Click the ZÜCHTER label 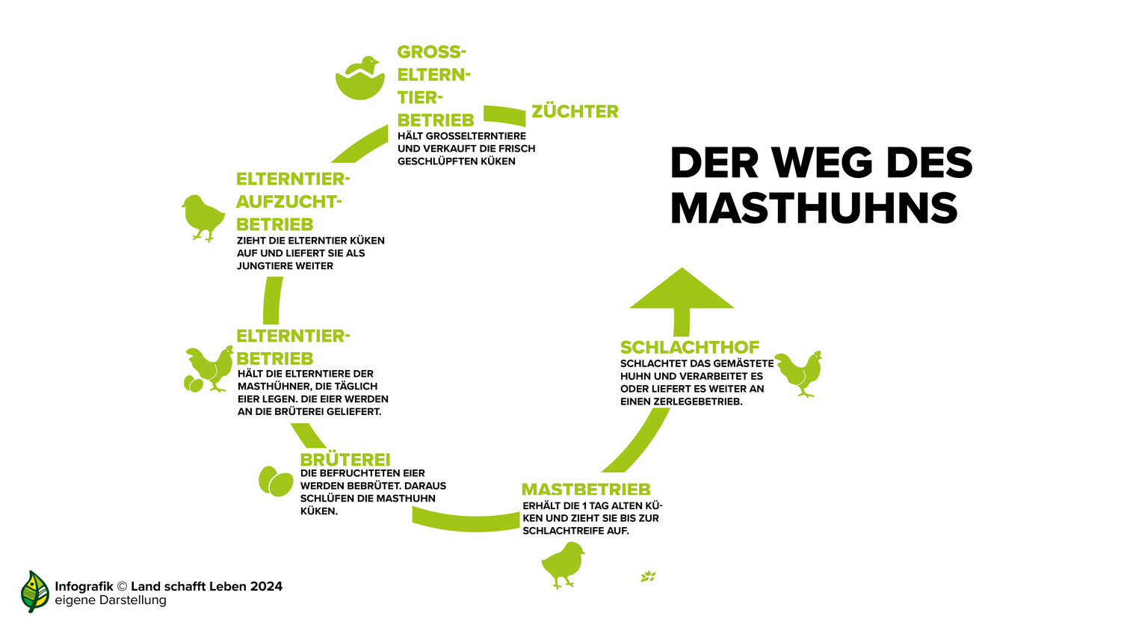tap(575, 111)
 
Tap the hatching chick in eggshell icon tap(359, 78)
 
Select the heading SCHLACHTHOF tap(690, 347)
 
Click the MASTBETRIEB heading tap(586, 489)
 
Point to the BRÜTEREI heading tap(345, 459)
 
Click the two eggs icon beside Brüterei tap(276, 481)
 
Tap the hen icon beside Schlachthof tap(799, 374)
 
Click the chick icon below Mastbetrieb tap(563, 565)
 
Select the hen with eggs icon tap(209, 369)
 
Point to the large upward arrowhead tap(682, 289)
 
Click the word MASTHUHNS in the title tap(814, 207)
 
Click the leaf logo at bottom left tap(34, 591)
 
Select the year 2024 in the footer tap(267, 586)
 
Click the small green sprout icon tap(648, 576)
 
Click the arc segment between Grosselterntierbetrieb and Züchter tap(504, 115)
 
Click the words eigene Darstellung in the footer tap(111, 600)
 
